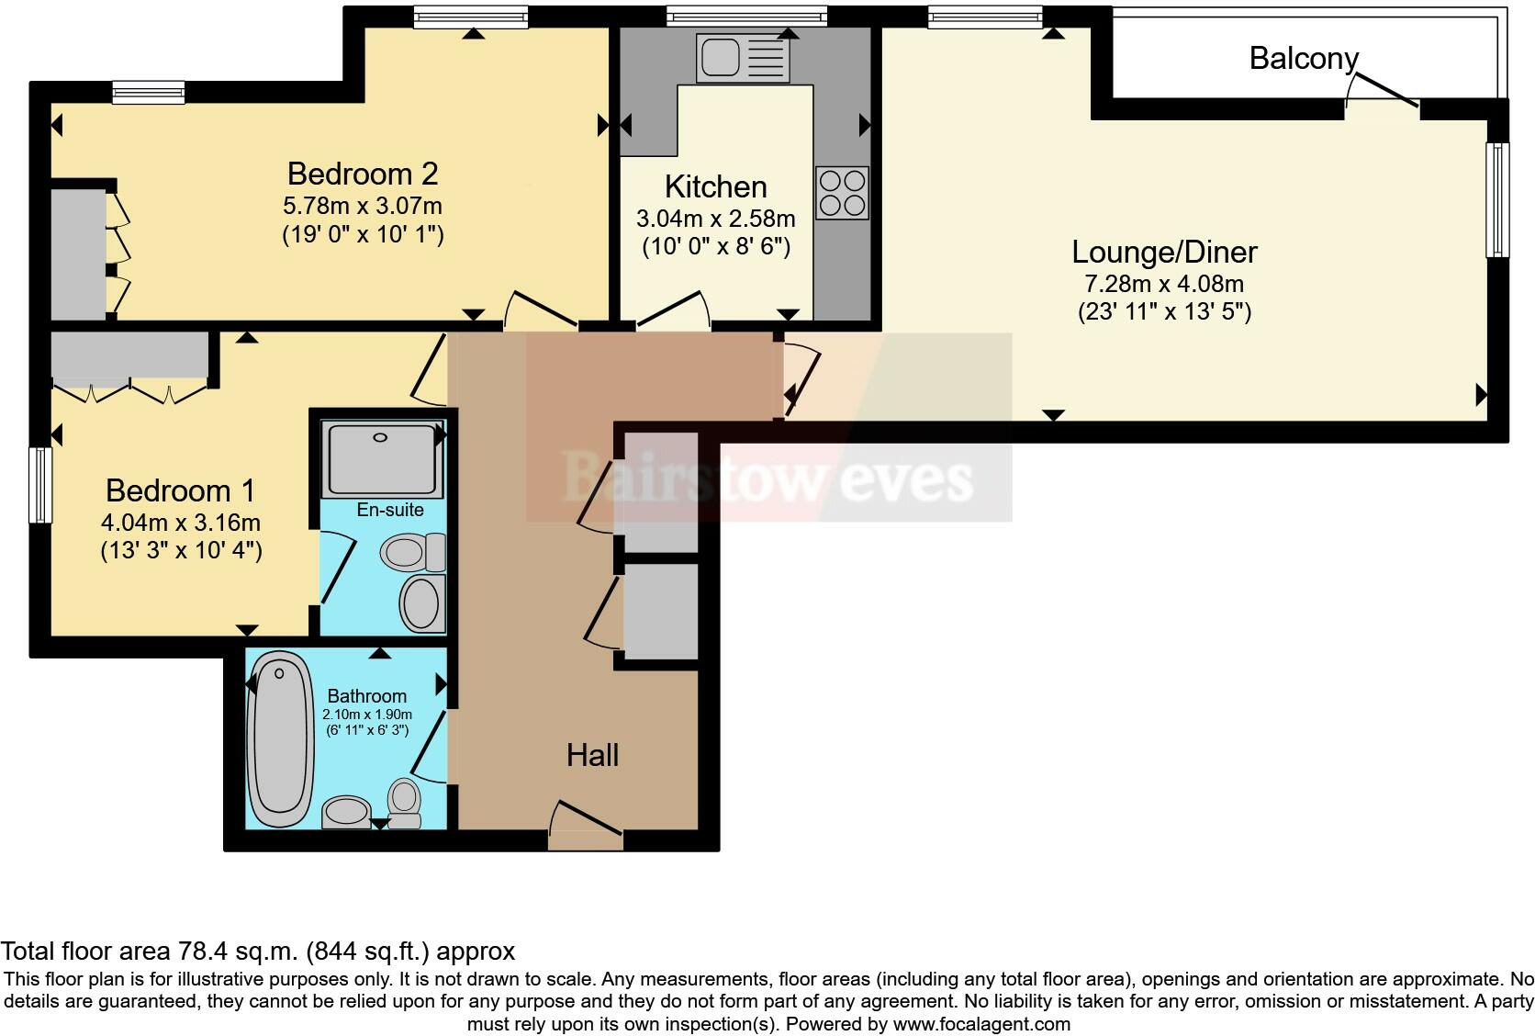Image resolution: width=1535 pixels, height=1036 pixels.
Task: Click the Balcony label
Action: point(1303,59)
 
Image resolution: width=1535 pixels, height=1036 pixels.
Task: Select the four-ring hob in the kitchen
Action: point(842,193)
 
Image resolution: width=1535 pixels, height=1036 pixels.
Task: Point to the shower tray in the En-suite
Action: point(382,458)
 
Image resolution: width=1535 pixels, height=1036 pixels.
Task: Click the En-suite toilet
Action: point(412,553)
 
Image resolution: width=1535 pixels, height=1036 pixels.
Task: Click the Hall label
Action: point(592,755)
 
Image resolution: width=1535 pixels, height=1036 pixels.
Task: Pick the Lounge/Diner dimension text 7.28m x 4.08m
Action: point(1163,284)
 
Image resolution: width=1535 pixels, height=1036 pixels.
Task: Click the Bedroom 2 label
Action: point(363,174)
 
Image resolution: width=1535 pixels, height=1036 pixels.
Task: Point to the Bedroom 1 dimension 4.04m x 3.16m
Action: point(181,523)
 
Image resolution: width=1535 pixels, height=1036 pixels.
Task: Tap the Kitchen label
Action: point(715,186)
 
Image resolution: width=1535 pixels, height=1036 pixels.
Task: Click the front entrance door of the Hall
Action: point(586,826)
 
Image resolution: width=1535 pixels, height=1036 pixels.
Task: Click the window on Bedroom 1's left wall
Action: point(40,485)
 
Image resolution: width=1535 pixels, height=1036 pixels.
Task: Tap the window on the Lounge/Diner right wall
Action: point(1496,199)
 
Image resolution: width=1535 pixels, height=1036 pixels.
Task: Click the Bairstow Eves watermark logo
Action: point(767,478)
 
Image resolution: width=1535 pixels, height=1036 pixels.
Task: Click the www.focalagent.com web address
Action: point(981,1023)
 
